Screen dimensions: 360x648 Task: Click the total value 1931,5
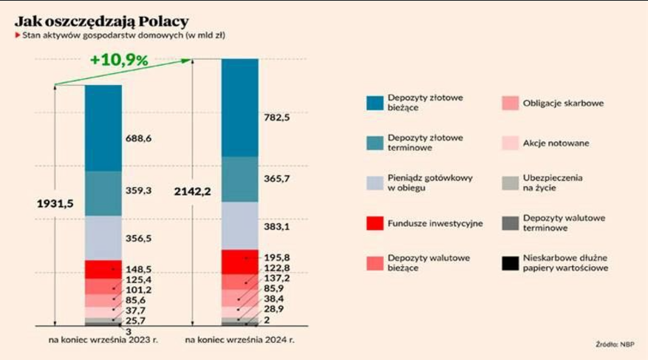pos(57,203)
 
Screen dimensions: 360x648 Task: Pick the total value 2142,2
pos(194,191)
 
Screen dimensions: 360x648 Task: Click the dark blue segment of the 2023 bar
pos(103,128)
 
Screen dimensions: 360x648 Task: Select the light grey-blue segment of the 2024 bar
pos(239,225)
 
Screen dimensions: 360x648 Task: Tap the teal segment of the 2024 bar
pos(239,179)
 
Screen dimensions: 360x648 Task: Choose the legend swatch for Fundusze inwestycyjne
pos(375,223)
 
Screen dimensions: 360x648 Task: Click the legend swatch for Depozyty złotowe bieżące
pos(375,103)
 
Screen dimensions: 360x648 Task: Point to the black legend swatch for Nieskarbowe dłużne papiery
pos(511,263)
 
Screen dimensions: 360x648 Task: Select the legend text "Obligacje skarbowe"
pos(563,103)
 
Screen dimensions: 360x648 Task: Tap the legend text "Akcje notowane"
pos(556,143)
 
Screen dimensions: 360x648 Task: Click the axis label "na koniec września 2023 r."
pos(103,340)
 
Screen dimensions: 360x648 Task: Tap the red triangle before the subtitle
pos(17,34)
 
